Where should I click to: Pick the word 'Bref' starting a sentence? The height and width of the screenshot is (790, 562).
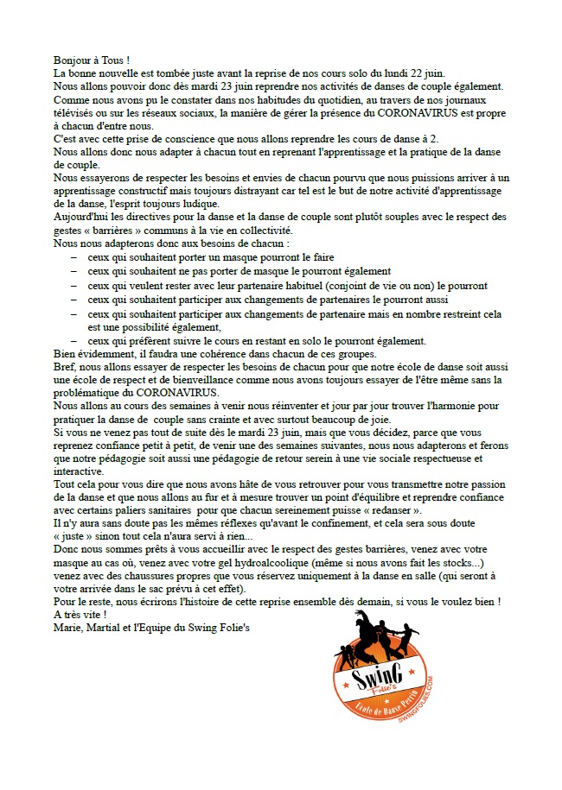[64, 365]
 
